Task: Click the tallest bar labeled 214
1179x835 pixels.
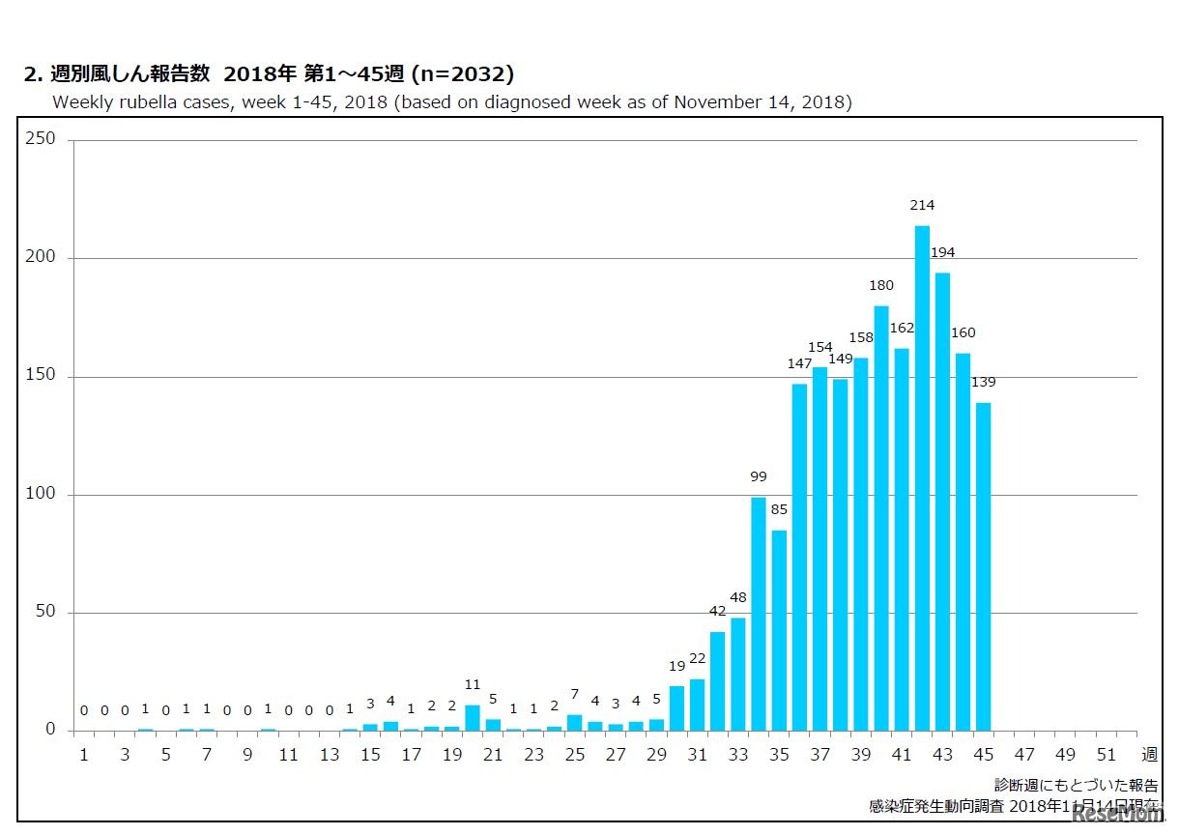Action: [922, 478]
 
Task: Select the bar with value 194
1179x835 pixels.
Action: [942, 502]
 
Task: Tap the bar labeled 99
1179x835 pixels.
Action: [759, 614]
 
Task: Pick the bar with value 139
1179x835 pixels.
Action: [984, 566]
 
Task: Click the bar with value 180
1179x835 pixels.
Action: [881, 518]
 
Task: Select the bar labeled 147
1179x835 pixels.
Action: [799, 557]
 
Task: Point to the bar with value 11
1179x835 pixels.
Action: [473, 718]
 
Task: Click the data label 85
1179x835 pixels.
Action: [779, 508]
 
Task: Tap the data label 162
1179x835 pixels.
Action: [902, 328]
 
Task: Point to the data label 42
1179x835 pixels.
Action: [717, 611]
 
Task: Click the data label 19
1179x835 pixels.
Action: [676, 665]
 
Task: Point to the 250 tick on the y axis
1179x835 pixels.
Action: [42, 139]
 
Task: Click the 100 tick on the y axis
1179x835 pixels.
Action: [42, 494]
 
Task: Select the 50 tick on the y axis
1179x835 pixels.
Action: [45, 612]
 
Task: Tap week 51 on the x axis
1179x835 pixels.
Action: [1107, 755]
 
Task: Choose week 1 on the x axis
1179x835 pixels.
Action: [83, 755]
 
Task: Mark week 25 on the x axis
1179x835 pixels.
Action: [574, 755]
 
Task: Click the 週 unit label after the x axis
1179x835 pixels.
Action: [1149, 755]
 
